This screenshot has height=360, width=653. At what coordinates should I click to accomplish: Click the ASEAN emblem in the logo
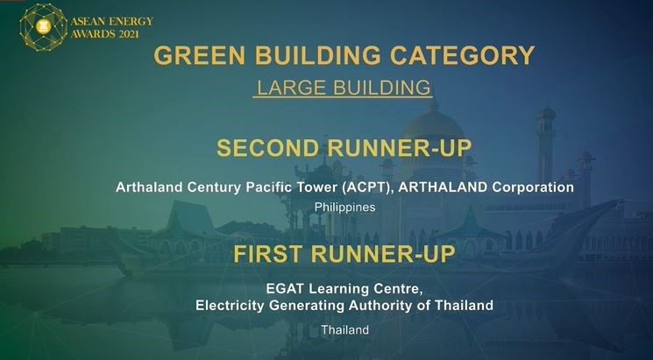coord(43,27)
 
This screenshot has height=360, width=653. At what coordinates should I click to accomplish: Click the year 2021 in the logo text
coord(129,34)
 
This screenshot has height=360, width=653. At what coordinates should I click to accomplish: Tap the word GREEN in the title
coord(201,55)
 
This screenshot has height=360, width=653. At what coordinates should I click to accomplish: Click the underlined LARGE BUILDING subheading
coord(344,88)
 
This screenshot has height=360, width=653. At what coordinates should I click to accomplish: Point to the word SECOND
coord(268,148)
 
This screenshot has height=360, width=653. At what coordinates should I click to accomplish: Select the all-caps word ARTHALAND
coord(444,187)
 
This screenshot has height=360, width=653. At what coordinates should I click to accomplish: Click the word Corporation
coord(533,187)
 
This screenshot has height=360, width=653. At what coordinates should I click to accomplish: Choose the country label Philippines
coord(344,208)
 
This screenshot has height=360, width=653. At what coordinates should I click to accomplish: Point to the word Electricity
coord(230,306)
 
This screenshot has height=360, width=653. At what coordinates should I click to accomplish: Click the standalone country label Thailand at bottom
coord(344,330)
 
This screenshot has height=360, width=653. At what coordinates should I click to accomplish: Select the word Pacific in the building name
coord(268,187)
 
